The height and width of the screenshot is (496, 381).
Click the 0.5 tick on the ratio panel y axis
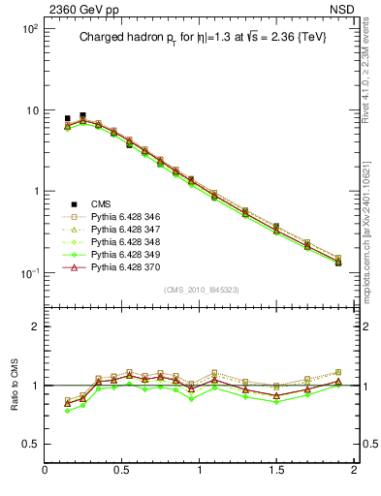click(30, 444)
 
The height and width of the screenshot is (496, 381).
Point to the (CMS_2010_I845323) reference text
click(200, 289)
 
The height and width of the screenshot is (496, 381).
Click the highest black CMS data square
click(82, 114)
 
